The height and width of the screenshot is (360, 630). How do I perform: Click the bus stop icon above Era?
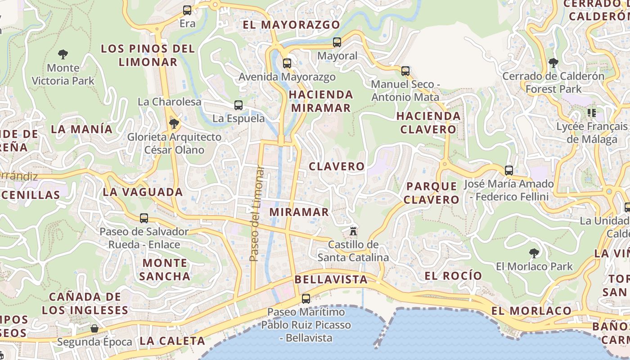point(187,10)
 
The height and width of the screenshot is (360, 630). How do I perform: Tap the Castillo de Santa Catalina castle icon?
point(353,231)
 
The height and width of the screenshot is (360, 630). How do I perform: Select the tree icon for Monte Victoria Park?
point(63,55)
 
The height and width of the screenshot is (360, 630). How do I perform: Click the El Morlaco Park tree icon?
point(534,253)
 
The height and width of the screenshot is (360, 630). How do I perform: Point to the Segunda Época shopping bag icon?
point(94,328)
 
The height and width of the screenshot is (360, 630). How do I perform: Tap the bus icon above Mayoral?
point(337,42)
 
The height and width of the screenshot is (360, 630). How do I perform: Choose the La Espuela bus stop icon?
point(238,105)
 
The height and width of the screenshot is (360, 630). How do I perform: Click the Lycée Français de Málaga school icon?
point(591,113)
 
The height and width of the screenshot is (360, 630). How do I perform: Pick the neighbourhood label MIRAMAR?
point(299,212)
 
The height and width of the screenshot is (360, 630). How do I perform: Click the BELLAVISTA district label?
point(331,279)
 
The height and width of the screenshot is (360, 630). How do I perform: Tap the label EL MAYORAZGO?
point(291,25)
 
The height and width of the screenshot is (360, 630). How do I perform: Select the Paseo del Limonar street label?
point(256,214)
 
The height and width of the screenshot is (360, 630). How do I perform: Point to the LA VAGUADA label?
point(143,192)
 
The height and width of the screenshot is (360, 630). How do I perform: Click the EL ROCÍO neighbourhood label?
point(453,276)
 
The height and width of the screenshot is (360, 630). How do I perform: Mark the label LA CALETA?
point(172,341)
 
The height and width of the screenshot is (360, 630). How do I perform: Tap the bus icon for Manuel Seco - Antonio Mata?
point(405,71)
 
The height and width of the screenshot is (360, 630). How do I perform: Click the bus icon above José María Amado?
point(509,171)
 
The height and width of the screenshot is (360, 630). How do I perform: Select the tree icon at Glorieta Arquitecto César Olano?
point(174,123)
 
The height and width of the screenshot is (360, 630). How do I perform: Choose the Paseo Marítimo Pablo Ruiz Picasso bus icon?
point(306,298)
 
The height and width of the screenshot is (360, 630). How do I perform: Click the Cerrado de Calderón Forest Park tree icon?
point(553,63)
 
